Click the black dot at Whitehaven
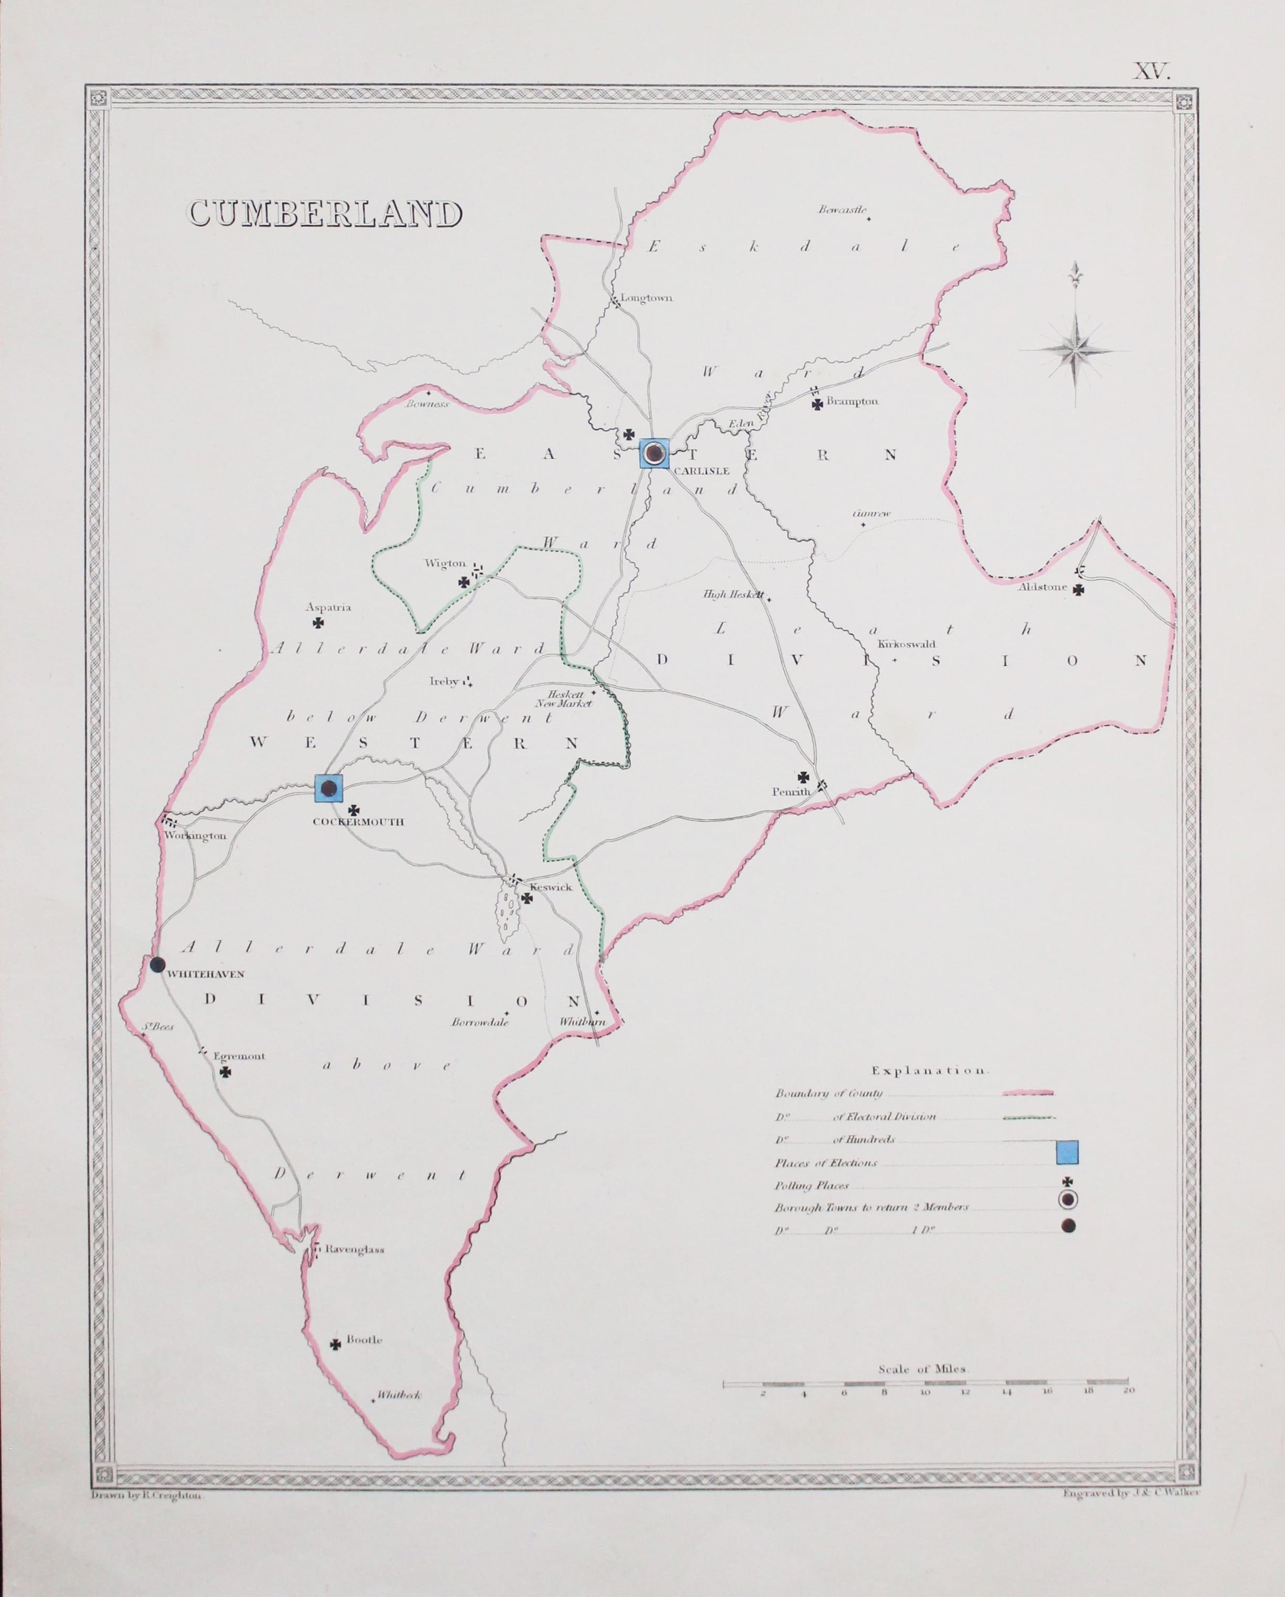[157, 964]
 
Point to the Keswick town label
[551, 888]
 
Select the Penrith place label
[790, 791]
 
